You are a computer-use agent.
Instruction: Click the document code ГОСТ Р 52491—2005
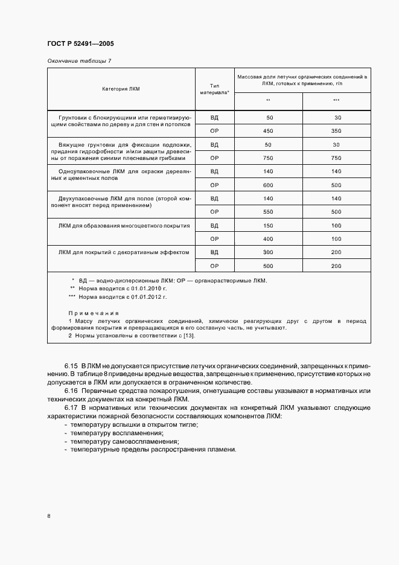pos(80,44)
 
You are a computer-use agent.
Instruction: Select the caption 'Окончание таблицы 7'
pos(78,61)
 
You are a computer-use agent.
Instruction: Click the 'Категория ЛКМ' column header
pos(121,89)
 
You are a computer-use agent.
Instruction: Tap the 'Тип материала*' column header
pos(214,89)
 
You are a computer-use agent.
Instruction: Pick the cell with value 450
pos(269,131)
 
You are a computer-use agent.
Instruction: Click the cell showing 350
pos(336,131)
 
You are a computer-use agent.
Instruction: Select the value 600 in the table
pos(269,185)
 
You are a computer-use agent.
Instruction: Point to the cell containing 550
pos(269,212)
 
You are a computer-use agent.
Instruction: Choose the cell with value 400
pos(269,239)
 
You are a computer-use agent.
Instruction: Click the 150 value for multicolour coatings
pos(269,226)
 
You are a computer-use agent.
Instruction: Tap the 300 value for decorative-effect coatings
pos(269,252)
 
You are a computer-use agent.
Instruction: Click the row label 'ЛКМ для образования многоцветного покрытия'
pos(124,226)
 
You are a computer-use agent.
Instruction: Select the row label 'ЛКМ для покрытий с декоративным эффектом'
pos(124,252)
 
